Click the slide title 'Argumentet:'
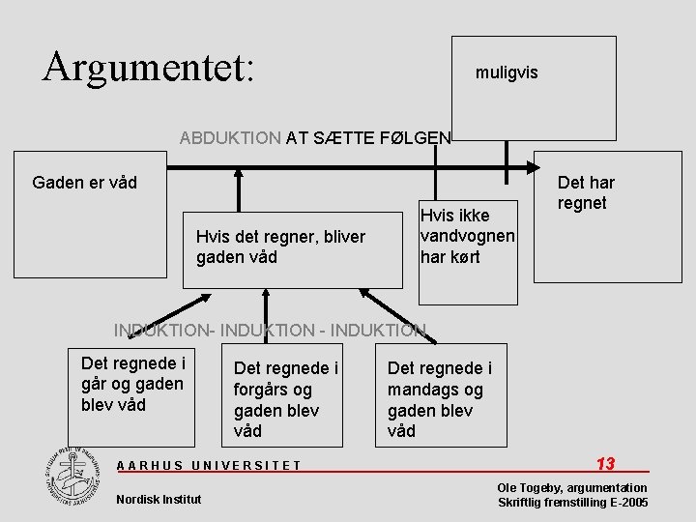tap(148, 65)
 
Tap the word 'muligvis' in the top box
tap(507, 72)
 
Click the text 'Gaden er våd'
tap(85, 183)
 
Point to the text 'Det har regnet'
tap(585, 192)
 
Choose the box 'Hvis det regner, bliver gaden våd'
tap(292, 246)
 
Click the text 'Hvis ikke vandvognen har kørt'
tap(467, 236)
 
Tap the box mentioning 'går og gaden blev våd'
tap(133, 385)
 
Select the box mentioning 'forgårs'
tap(286, 398)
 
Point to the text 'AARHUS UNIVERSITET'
tap(209, 465)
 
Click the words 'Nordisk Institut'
tap(159, 499)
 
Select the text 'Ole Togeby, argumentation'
tap(572, 488)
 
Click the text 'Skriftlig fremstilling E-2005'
tap(572, 503)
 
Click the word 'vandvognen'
tap(467, 236)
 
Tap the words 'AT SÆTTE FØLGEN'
tap(368, 137)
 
